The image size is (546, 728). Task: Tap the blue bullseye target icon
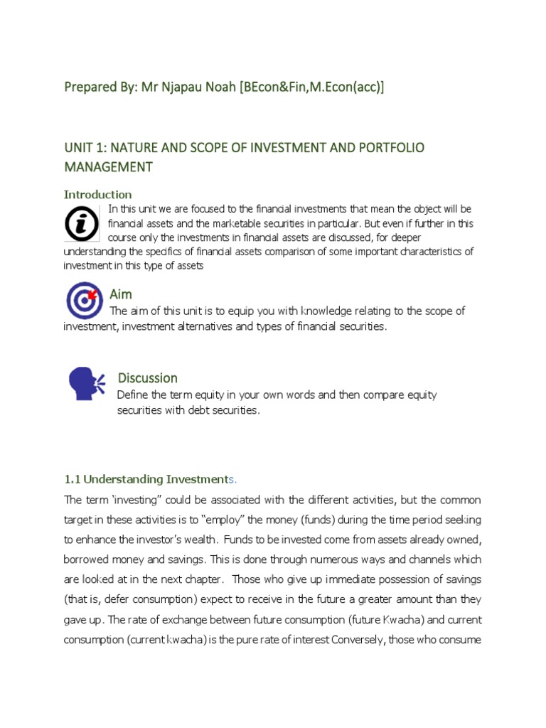point(85,299)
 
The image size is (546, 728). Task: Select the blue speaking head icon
point(86,384)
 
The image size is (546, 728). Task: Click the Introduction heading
point(97,194)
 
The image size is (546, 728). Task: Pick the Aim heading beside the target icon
point(121,294)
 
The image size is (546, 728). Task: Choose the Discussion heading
point(147,378)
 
